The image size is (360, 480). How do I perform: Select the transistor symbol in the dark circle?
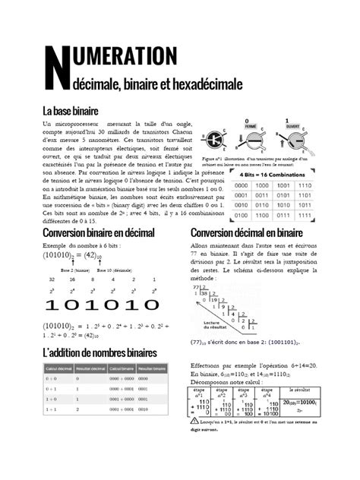pyautogui.click(x=214, y=140)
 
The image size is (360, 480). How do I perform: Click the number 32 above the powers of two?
pyautogui.click(x=51, y=279)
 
